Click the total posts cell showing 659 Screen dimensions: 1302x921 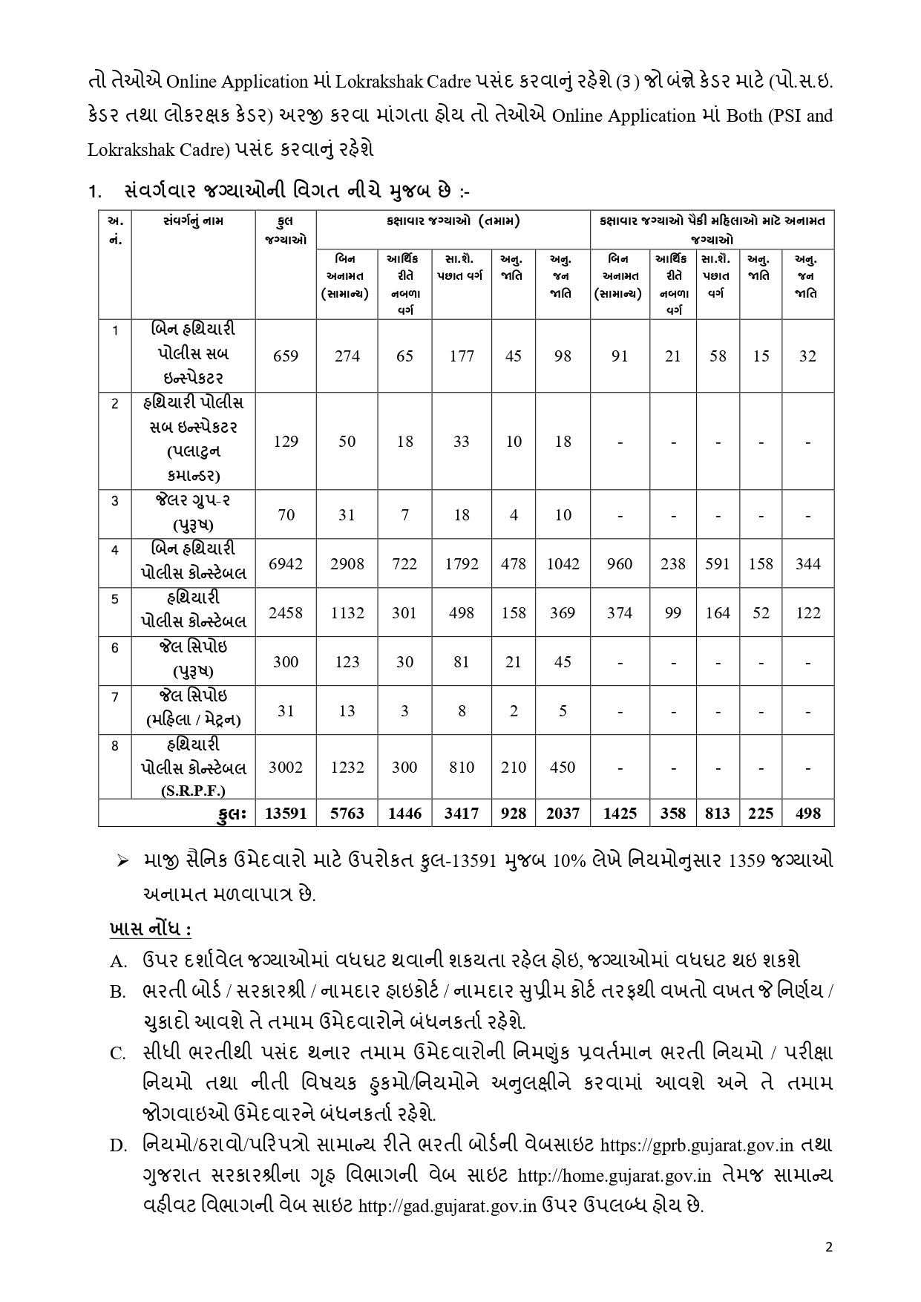coord(286,356)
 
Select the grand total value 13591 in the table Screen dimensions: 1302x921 coord(286,814)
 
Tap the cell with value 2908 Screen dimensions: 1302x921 coord(347,564)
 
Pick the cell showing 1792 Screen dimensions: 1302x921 coord(462,564)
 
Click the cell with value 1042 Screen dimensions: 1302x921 coord(563,564)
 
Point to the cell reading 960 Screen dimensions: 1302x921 coord(620,564)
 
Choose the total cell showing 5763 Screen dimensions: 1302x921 coord(347,814)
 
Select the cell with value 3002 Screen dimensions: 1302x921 coord(286,768)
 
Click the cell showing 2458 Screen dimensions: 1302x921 coord(286,613)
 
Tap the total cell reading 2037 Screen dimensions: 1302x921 coord(563,814)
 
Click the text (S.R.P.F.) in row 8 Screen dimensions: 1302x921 coord(193,791)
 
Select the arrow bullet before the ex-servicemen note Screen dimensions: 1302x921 coord(122,860)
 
